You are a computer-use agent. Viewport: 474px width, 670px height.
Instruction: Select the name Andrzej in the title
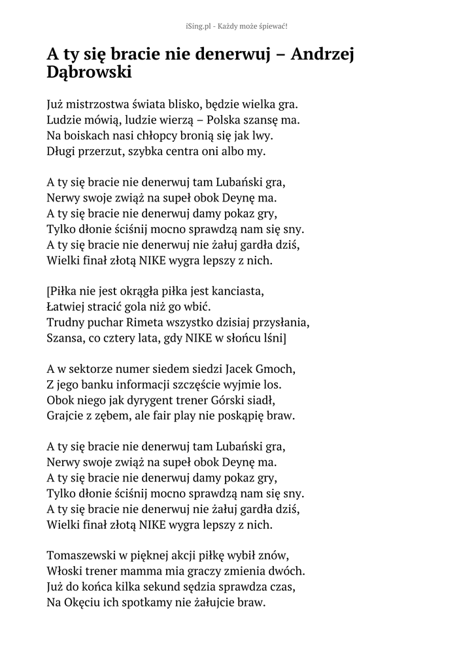[x=322, y=54]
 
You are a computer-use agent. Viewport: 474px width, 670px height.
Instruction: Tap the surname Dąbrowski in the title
[x=90, y=73]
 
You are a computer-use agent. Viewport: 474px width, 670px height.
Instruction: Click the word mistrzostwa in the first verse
[x=97, y=104]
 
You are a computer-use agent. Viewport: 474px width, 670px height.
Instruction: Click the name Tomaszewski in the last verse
[x=82, y=555]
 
